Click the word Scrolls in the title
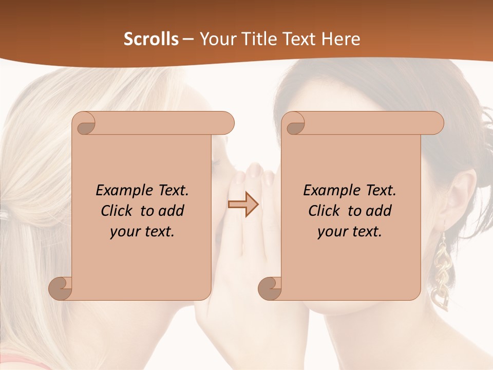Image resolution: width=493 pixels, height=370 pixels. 151,39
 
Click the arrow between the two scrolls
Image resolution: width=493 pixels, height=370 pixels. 243,205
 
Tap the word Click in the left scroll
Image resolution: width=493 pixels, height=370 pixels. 112,211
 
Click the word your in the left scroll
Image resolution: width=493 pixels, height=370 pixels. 124,232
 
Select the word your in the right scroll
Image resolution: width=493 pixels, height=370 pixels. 331,232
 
